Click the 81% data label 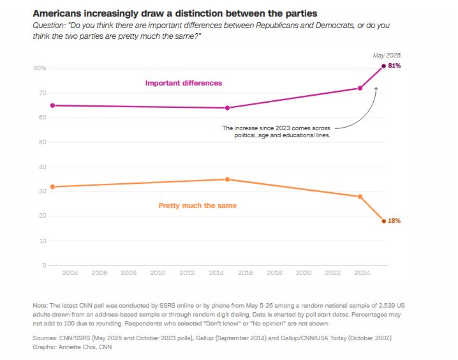click(394, 66)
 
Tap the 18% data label click(394, 221)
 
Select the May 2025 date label click(387, 56)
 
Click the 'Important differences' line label click(184, 83)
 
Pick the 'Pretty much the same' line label click(197, 206)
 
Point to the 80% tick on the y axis click(39, 68)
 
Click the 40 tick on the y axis click(41, 167)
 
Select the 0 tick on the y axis click(44, 265)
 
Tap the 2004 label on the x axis click(70, 273)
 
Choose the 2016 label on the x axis click(246, 273)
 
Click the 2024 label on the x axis click(362, 273)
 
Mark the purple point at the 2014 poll click(228, 108)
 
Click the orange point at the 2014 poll click(228, 179)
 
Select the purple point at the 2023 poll click(360, 88)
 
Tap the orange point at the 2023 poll click(360, 197)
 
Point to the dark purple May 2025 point click(383, 66)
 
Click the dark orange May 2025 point click(383, 221)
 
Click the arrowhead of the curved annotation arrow click(377, 89)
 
